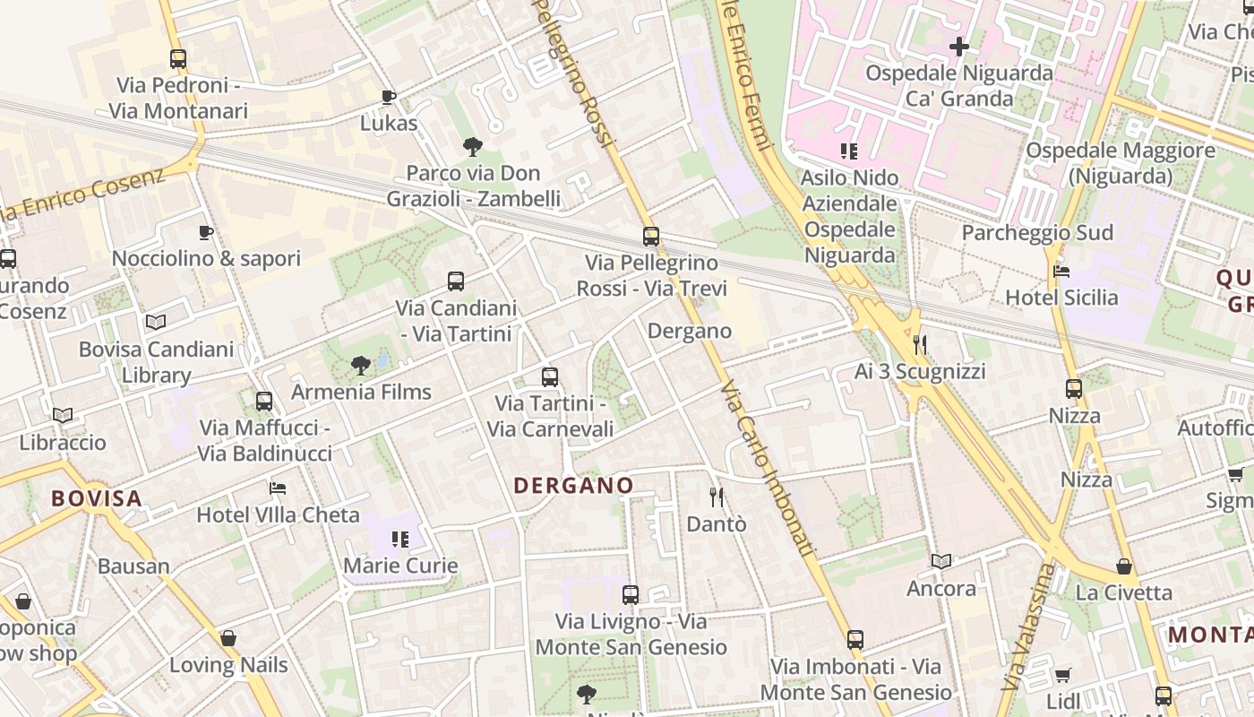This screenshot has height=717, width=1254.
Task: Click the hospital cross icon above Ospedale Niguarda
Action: tap(959, 46)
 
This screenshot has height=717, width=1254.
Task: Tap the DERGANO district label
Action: tap(573, 485)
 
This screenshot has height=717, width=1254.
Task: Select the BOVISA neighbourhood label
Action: tap(97, 498)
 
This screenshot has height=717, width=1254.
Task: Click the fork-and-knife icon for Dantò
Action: tap(716, 497)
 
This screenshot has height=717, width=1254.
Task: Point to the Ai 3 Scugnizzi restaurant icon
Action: tap(919, 344)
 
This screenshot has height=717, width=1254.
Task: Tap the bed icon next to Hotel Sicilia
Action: tap(1061, 271)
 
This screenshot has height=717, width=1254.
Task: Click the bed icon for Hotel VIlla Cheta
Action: tap(278, 488)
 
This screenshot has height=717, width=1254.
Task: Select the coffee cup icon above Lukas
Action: tap(388, 97)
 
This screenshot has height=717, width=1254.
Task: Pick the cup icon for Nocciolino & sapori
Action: tap(206, 233)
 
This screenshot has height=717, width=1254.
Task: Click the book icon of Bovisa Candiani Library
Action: tap(156, 322)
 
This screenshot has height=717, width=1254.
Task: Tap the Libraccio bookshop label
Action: tap(63, 442)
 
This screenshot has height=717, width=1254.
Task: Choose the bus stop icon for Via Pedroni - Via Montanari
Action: tap(178, 59)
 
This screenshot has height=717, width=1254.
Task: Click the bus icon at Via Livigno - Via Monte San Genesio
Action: tap(631, 594)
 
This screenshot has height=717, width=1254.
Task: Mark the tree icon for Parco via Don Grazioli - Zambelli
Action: tap(472, 146)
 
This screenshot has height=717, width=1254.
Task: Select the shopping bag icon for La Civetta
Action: tap(1124, 566)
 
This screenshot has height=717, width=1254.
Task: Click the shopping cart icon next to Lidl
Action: tap(1062, 675)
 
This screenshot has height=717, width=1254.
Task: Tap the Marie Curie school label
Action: tap(400, 566)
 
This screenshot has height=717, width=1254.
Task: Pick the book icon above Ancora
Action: tap(940, 562)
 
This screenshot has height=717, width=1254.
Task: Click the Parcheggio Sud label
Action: tap(1037, 233)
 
